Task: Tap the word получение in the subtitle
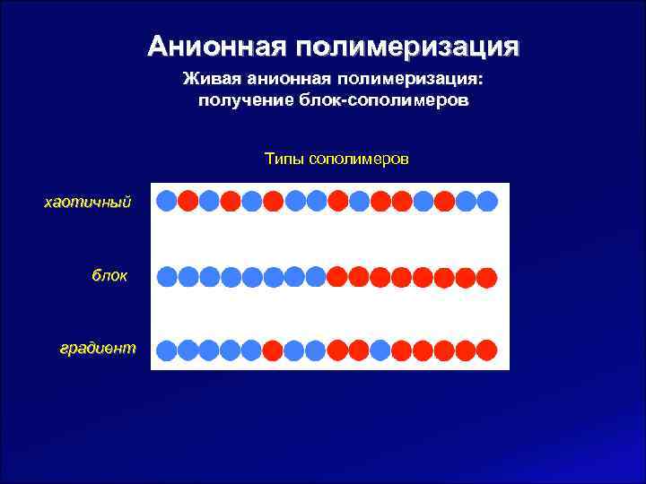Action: point(238,99)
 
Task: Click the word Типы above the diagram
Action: point(284,159)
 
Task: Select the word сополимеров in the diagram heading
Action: point(358,159)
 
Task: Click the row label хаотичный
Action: point(88,202)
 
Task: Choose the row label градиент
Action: point(98,348)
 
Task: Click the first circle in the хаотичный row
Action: point(167,201)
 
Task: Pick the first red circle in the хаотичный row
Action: point(188,201)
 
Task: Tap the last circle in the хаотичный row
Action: point(487,201)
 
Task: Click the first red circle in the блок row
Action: point(337,277)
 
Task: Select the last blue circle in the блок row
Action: point(316,277)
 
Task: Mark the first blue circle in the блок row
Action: point(167,277)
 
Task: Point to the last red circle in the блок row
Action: point(487,277)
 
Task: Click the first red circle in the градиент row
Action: point(274,350)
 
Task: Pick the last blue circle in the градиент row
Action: point(380,350)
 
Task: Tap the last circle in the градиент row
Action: point(487,350)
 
